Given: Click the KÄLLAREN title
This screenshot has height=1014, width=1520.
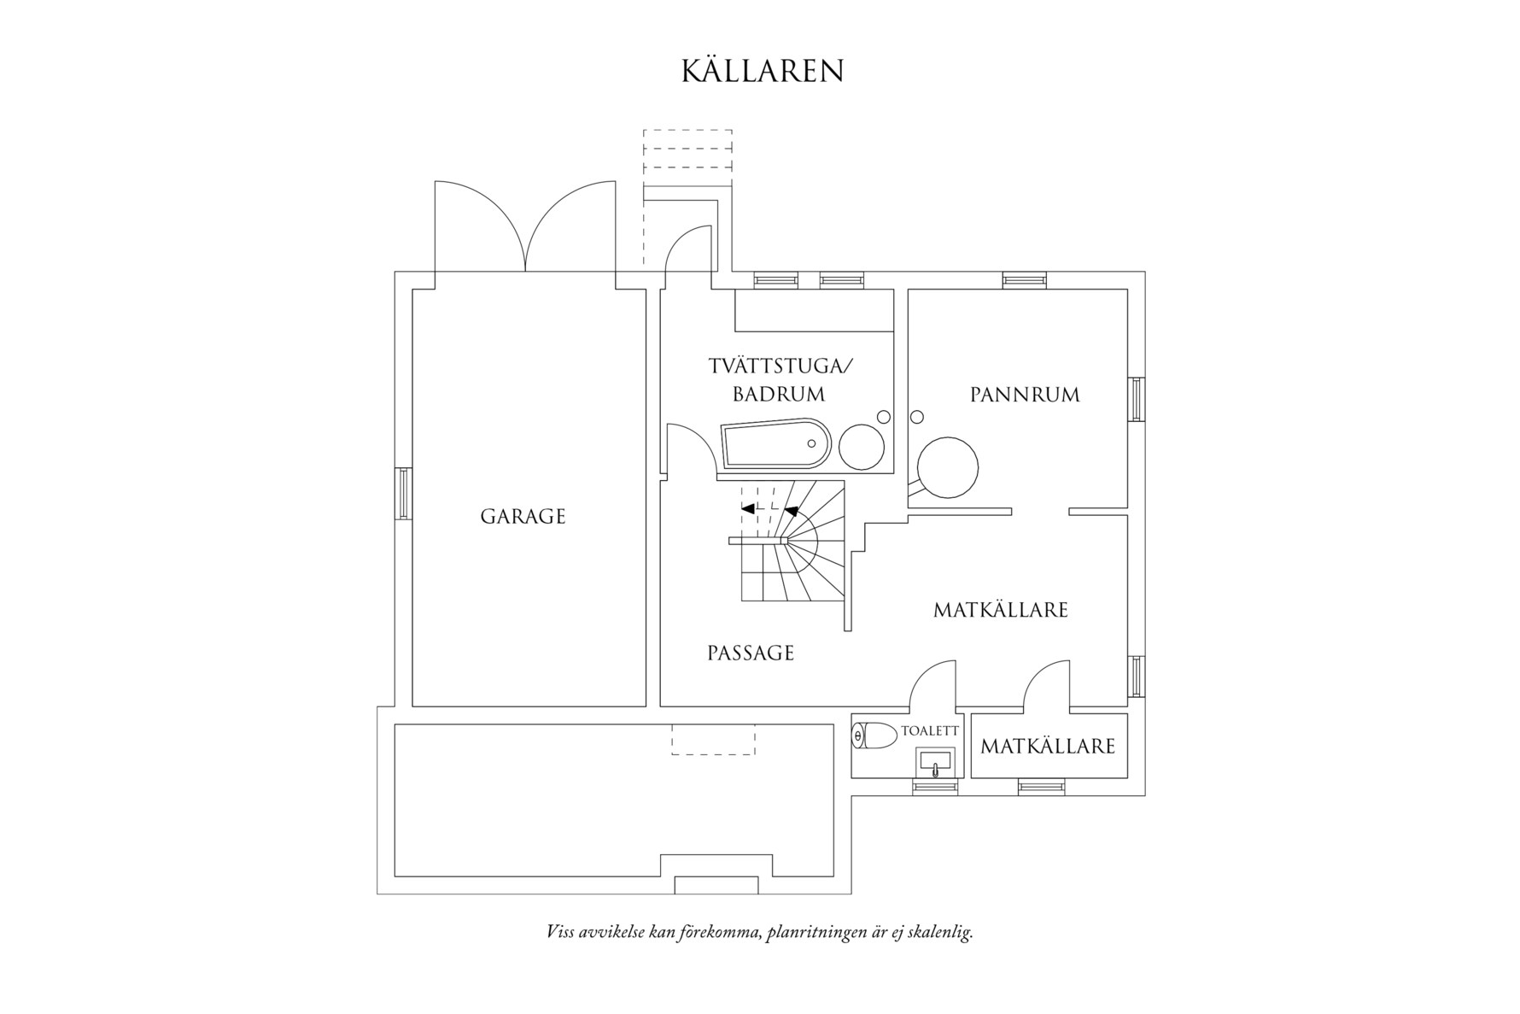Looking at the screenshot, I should [762, 72].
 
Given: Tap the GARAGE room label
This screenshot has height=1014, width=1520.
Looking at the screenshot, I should [523, 517].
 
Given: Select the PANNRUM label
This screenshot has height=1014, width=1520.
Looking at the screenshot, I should [1025, 395].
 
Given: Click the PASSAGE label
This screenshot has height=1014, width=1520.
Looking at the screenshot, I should [751, 654].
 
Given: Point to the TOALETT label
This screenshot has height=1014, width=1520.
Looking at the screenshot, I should [930, 731].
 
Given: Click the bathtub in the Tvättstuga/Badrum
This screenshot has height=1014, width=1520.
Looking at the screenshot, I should [775, 444].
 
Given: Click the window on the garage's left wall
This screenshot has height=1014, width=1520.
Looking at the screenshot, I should [403, 493].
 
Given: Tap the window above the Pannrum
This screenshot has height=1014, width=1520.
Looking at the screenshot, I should [1024, 279].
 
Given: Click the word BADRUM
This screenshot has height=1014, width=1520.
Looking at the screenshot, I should [778, 395].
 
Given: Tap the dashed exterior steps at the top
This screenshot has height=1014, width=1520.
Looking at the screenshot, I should [687, 157].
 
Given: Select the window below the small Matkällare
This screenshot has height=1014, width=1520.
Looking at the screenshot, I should [1041, 787].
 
